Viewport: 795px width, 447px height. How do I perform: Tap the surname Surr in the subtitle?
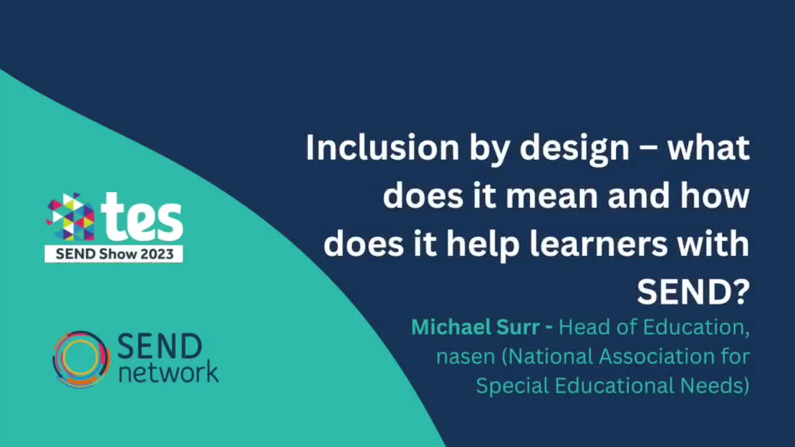pyautogui.click(x=516, y=327)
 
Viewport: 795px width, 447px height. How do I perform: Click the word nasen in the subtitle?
pyautogui.click(x=465, y=357)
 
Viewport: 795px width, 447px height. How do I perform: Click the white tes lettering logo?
pyautogui.click(x=144, y=217)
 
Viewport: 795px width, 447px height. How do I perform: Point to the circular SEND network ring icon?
pyautogui.click(x=81, y=359)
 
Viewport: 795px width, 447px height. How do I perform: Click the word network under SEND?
pyautogui.click(x=168, y=372)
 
